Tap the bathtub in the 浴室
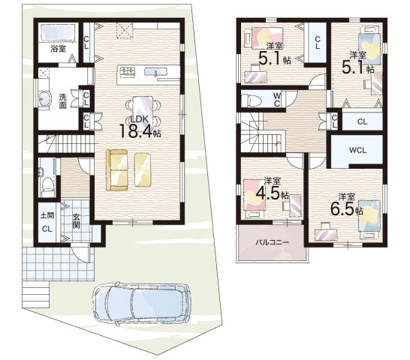coord(58,32)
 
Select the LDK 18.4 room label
coord(140,127)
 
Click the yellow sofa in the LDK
coord(117,169)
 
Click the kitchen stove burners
coord(128,71)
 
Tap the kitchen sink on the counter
coord(156,72)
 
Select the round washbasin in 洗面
coord(45,99)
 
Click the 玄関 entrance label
coord(76,221)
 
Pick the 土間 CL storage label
coord(47,222)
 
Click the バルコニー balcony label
coord(272,242)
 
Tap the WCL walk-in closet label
coord(357,150)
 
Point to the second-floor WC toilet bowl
coord(251,100)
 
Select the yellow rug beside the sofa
coord(143,169)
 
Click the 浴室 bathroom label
coord(59,49)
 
